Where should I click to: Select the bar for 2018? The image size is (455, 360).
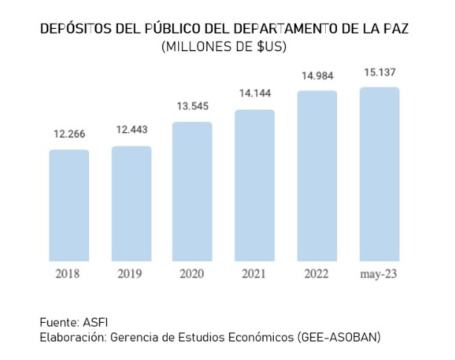tap(69, 206)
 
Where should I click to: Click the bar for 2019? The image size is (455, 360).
tap(131, 203)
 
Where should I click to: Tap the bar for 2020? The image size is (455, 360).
tap(192, 192)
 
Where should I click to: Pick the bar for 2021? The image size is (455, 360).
tap(255, 186)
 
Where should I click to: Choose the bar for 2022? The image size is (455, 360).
tap(317, 176)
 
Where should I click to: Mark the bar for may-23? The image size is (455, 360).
tap(379, 174)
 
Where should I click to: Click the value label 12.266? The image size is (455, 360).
tap(69, 134)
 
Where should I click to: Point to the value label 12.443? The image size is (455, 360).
tap(131, 130)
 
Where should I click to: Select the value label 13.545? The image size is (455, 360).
tap(193, 106)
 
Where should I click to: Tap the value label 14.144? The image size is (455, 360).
tap(255, 94)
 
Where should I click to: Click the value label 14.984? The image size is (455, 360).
tap(318, 76)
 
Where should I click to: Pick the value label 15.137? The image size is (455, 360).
tap(380, 72)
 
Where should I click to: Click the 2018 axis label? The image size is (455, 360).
tap(68, 274)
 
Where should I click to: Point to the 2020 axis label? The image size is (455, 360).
tap(192, 274)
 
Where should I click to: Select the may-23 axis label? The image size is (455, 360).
tap(379, 275)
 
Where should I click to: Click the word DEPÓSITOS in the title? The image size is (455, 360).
tap(76, 28)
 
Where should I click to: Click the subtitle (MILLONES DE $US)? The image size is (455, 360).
tap(223, 47)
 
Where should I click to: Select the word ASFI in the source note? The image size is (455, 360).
tap(95, 323)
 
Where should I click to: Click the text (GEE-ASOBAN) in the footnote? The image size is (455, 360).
tap(338, 338)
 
